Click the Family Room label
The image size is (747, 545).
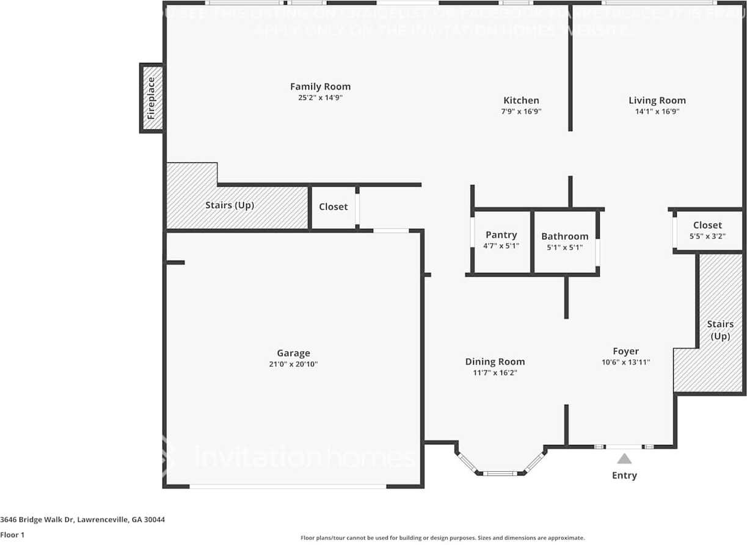click(320, 87)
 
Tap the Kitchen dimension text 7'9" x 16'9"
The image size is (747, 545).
click(521, 112)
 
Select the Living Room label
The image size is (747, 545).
click(657, 101)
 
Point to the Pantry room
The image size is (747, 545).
click(501, 241)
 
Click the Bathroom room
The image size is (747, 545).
click(565, 242)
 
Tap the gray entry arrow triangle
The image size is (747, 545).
click(624, 459)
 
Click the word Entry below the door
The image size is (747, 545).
click(624, 475)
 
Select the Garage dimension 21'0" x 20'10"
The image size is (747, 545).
click(293, 364)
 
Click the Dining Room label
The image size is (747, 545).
click(495, 361)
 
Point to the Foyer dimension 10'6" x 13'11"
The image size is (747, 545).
click(625, 362)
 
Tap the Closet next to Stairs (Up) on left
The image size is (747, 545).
click(333, 207)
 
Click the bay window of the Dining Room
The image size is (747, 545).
click(500, 472)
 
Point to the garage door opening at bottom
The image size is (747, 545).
click(288, 486)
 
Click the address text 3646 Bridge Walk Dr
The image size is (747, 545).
click(82, 520)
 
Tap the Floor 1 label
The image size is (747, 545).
click(12, 535)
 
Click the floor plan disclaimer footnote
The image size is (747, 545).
click(442, 538)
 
